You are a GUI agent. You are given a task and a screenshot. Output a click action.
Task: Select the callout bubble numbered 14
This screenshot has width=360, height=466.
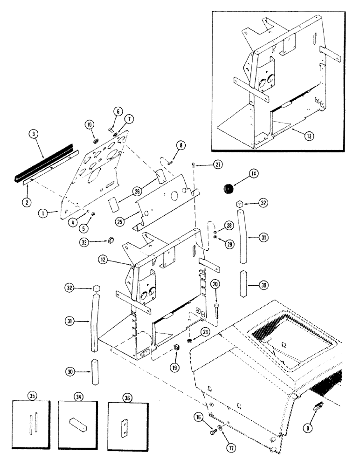[x=254, y=174]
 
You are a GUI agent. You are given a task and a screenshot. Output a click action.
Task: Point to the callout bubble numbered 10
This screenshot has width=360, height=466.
[x=90, y=125]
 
